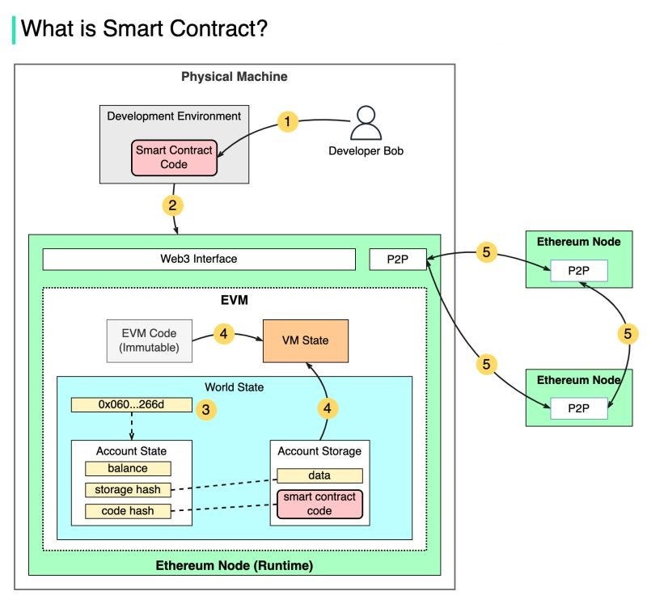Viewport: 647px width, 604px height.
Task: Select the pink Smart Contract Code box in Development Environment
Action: click(173, 158)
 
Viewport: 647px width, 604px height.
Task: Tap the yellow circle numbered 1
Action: click(287, 122)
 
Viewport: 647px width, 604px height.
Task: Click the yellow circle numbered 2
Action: click(171, 204)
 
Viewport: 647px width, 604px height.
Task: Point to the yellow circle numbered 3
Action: click(206, 410)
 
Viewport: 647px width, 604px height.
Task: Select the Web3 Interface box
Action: click(199, 259)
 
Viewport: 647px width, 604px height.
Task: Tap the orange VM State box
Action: click(304, 340)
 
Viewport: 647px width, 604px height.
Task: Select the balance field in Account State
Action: click(128, 468)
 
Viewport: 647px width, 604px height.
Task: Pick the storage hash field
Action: click(128, 489)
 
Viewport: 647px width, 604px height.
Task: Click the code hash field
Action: click(128, 511)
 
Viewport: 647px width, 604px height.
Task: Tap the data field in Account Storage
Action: click(319, 476)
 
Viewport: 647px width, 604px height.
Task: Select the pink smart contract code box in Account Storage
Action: click(319, 504)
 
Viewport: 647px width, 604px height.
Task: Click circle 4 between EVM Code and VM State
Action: click(226, 333)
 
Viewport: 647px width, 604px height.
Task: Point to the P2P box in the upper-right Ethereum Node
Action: click(579, 271)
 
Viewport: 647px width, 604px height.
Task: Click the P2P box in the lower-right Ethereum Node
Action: click(579, 409)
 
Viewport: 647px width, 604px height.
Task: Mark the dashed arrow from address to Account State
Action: click(130, 426)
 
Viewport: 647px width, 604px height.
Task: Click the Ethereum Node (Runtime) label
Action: click(234, 564)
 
